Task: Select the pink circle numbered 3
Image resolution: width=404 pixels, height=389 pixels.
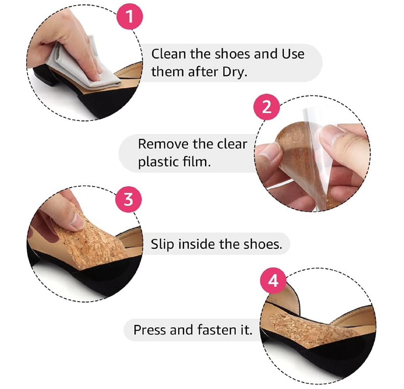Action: coord(128,199)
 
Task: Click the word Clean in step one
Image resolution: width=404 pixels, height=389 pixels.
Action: coord(167,53)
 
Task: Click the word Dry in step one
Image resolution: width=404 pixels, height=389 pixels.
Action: coord(233,72)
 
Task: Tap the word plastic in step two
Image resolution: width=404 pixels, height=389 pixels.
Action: coord(156,162)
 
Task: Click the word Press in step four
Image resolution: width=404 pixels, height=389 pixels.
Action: coord(149,330)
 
